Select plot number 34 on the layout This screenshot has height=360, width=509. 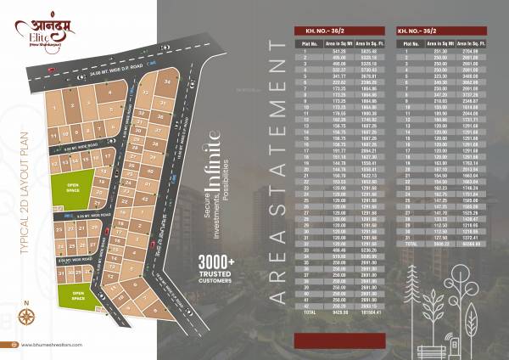[168, 82]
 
